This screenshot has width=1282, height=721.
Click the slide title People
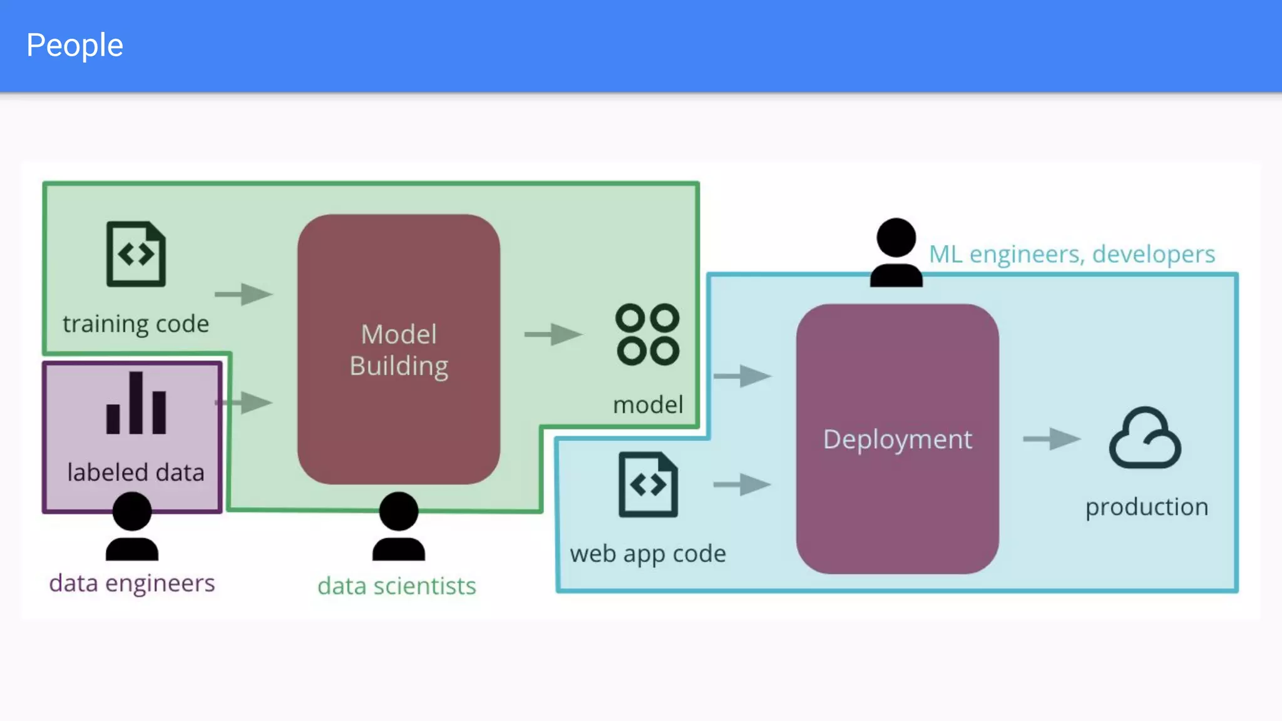pos(74,46)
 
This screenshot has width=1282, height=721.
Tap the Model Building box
pos(399,349)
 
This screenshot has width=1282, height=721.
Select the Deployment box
pos(897,439)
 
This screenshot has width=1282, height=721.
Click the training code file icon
pos(136,254)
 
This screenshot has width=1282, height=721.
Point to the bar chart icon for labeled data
pos(136,404)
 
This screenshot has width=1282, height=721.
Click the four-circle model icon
pos(647,335)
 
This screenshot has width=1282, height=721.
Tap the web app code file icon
pos(648,484)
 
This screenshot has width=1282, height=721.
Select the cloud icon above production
pos(1145,439)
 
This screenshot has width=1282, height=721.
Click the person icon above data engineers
pos(132,526)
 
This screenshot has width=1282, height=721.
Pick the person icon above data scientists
pos(399,526)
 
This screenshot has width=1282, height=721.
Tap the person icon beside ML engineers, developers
pos(896,253)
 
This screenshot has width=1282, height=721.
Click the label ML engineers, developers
pos(1072,254)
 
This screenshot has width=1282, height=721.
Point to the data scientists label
pos(396,586)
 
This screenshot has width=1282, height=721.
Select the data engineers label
pos(132,583)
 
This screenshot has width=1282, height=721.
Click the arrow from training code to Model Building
pos(244,294)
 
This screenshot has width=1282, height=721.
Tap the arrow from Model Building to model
pos(553,334)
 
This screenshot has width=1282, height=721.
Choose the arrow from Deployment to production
pos(1051,439)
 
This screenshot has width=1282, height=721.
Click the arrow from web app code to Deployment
pos(742,484)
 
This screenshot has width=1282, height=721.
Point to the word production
pos(1146,507)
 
